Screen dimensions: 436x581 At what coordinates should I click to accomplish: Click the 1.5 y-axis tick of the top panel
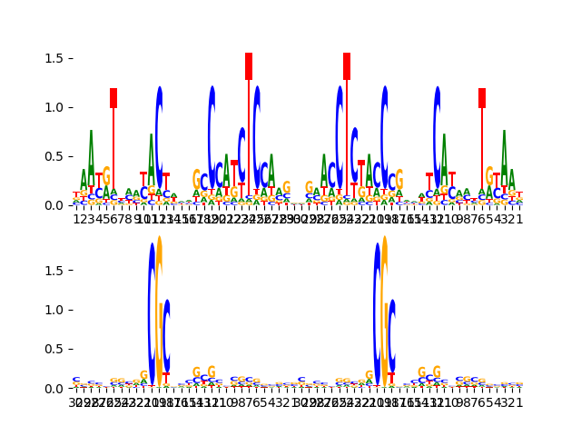55,58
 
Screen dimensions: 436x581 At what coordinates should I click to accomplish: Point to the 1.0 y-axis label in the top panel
55,107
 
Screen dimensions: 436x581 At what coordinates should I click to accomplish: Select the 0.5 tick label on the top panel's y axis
55,156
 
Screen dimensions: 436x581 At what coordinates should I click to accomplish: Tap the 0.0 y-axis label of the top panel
55,205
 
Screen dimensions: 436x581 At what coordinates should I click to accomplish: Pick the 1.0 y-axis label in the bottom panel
55,310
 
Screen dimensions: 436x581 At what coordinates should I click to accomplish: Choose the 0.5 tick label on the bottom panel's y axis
55,349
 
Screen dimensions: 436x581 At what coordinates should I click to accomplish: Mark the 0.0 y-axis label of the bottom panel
55,388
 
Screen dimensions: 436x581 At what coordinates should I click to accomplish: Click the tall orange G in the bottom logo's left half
160,309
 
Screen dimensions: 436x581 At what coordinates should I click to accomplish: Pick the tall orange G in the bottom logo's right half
384,309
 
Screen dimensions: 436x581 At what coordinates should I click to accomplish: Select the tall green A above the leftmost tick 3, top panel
91,163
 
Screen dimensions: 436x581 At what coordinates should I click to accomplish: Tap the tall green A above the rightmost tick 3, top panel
504,163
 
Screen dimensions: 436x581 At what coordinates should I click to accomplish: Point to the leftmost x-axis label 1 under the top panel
76,218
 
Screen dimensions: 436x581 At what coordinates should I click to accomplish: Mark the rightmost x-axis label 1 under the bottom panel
519,401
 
